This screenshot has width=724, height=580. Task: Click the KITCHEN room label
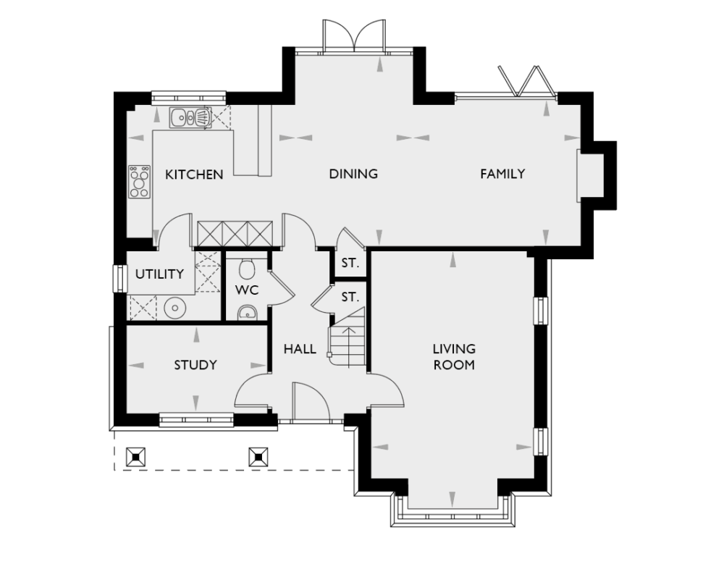[193, 175]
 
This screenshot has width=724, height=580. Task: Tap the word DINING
[353, 174]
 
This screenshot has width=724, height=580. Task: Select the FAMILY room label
[502, 174]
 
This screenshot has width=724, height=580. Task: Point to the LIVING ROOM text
[453, 357]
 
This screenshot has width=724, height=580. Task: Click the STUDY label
[195, 365]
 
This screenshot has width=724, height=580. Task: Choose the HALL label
[299, 349]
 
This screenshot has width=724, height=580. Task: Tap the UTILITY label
[159, 274]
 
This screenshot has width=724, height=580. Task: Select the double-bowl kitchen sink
[190, 117]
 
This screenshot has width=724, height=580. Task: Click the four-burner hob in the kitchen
[139, 182]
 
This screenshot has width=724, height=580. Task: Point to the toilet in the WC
[247, 269]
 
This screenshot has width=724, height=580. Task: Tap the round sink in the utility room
[174, 308]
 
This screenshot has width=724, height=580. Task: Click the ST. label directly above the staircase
[350, 297]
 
